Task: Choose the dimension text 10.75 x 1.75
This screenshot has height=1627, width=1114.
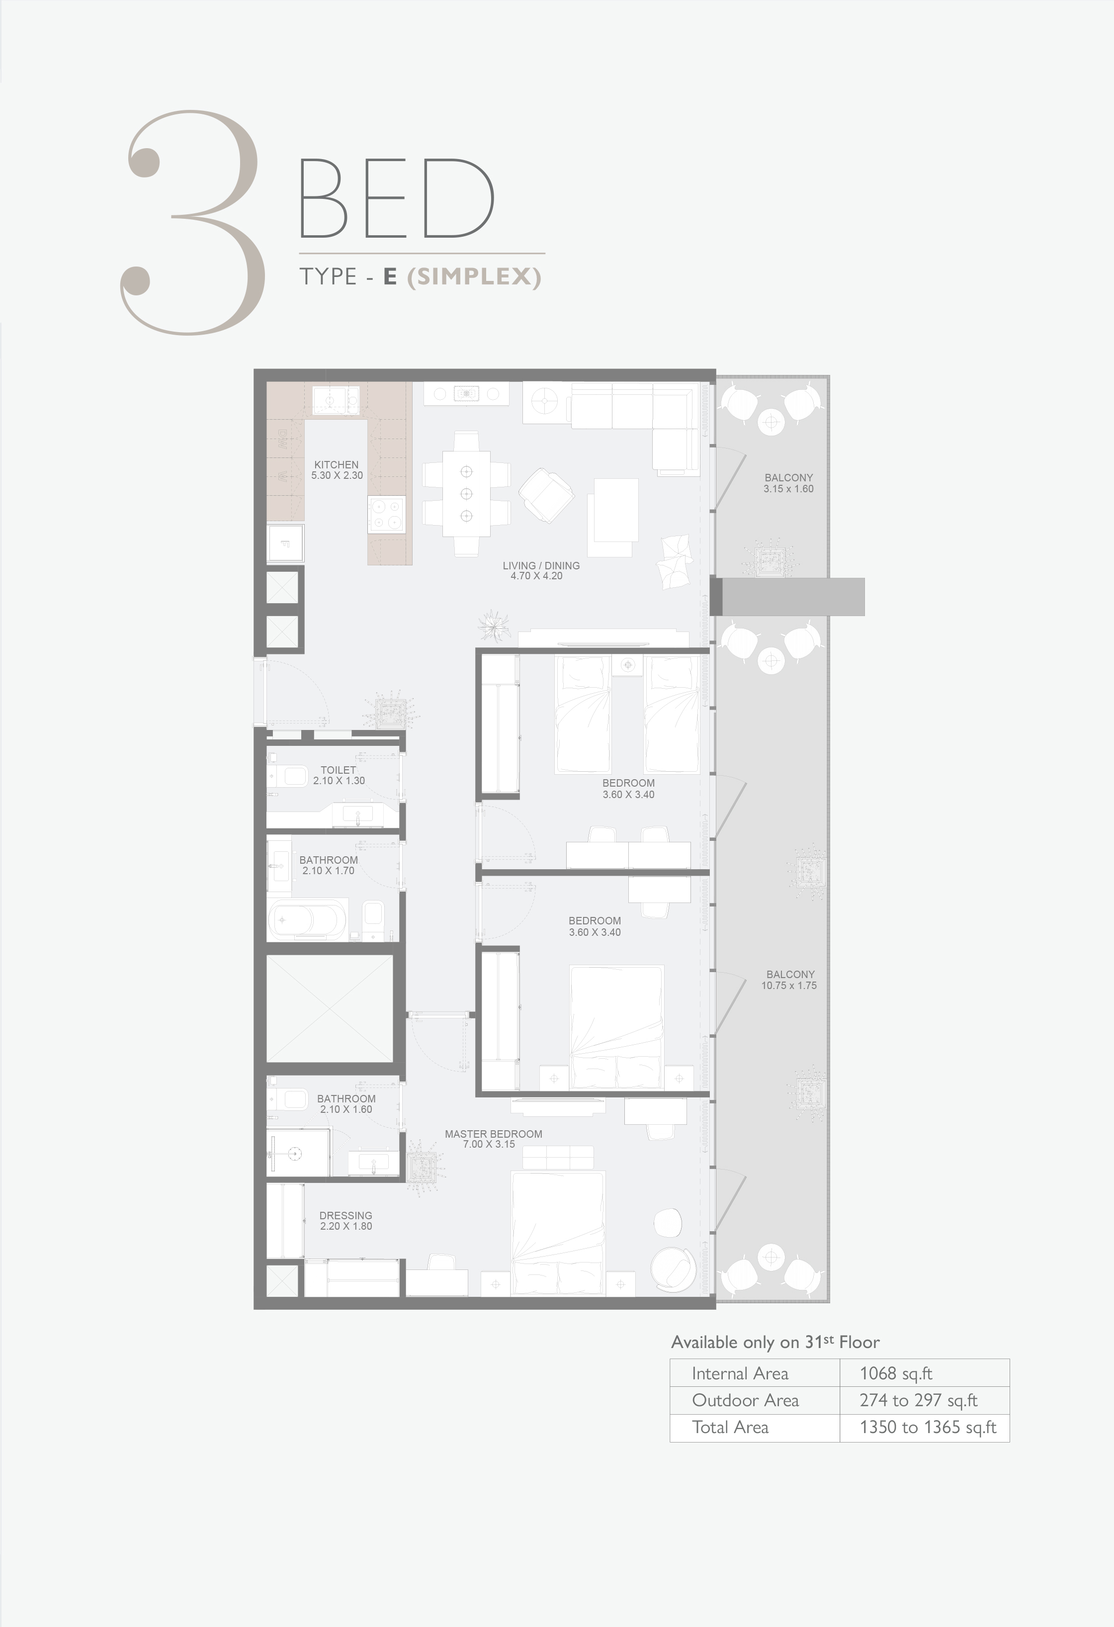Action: click(x=789, y=986)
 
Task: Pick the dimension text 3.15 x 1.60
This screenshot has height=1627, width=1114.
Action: click(x=788, y=489)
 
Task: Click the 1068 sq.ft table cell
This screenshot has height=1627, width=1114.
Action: click(x=896, y=1373)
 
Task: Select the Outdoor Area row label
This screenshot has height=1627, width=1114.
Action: click(x=745, y=1400)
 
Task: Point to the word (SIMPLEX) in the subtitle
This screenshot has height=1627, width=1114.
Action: click(x=474, y=276)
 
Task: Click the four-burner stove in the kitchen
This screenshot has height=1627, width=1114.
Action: click(x=387, y=515)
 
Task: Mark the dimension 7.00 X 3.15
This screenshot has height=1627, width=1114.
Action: click(x=489, y=1145)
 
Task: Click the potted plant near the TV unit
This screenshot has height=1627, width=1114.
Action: click(x=495, y=625)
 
